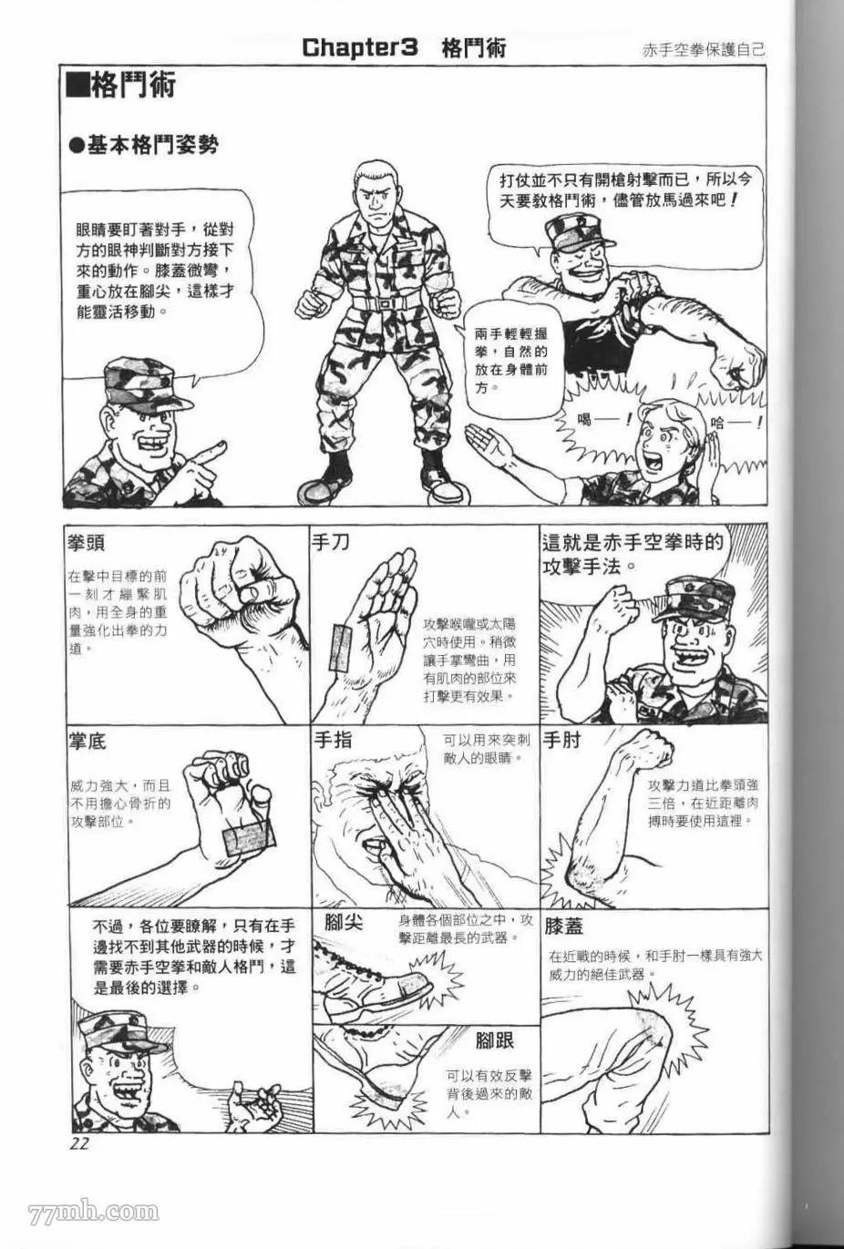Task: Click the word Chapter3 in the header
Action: point(359,48)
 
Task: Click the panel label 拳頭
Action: point(86,543)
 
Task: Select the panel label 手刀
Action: point(331,541)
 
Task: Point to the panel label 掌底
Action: point(87,742)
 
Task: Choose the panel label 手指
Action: point(333,741)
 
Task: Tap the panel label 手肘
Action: point(562,741)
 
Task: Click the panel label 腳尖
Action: point(345,922)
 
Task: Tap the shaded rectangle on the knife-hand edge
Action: point(342,648)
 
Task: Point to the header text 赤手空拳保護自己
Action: point(704,51)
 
